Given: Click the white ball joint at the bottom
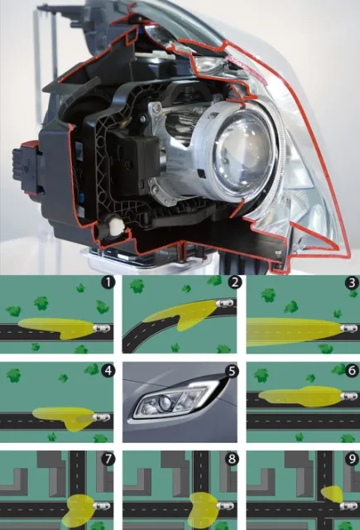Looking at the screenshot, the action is tap(118, 224).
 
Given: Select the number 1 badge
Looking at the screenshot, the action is tap(108, 282).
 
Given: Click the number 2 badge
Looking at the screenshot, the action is tap(234, 282).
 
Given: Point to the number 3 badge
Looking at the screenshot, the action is tap(353, 282).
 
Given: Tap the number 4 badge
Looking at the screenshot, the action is tap(108, 370).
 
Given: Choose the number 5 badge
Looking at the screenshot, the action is tap(232, 371).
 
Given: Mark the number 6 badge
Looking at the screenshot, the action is tap(352, 370).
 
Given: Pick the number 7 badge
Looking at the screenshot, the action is tap(108, 460).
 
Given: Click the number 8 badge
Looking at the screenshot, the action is tap(232, 459).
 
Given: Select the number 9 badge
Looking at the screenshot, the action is tap(353, 459).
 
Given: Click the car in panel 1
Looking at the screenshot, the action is tap(101, 328).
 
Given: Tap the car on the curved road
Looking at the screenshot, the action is tap(224, 303).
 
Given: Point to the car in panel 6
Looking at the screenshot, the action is tap(349, 396).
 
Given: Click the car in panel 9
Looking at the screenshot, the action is tap(349, 506).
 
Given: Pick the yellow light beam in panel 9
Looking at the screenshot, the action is tap(333, 494).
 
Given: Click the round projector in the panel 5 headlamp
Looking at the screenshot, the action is tap(165, 403).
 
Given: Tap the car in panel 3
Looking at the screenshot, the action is tap(349, 328).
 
